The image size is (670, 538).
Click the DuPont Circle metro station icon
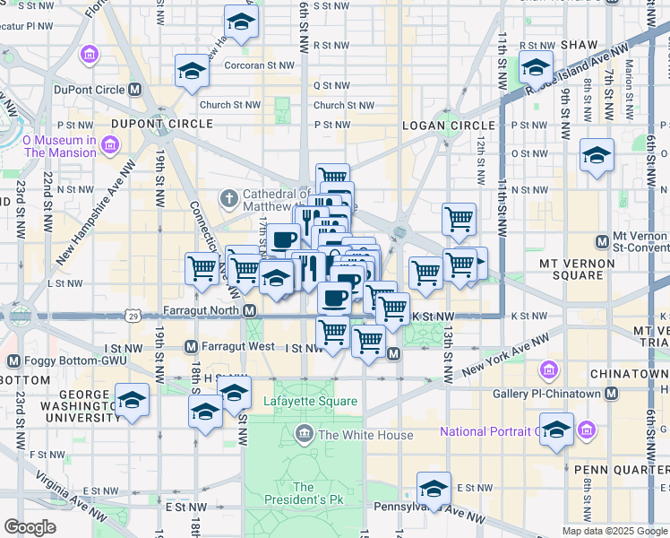click(x=135, y=90)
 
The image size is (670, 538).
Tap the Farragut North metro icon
click(x=251, y=310)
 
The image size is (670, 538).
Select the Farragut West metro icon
click(x=191, y=346)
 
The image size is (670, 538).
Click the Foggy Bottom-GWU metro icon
click(x=13, y=360)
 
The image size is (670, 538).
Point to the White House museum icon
click(x=305, y=435)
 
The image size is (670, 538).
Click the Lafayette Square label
click(x=310, y=401)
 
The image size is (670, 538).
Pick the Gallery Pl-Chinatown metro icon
click(x=611, y=394)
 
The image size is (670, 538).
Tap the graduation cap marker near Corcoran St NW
click(x=192, y=70)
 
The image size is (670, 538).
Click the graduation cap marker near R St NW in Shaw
click(x=536, y=67)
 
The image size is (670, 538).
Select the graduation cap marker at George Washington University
click(x=132, y=400)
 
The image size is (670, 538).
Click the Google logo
click(x=30, y=527)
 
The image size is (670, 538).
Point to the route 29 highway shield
click(x=133, y=317)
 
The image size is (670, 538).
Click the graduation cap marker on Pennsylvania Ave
click(x=434, y=489)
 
